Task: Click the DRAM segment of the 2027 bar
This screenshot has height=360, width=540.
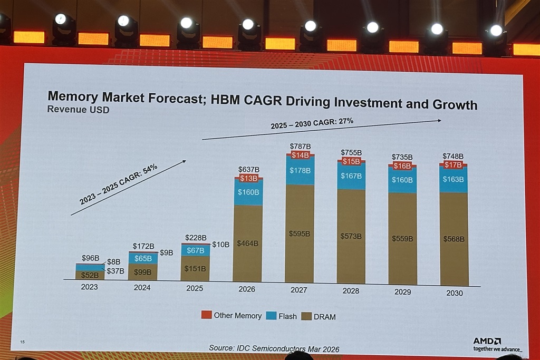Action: pyautogui.click(x=299, y=233)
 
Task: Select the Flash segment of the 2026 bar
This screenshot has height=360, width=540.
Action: pyautogui.click(x=248, y=192)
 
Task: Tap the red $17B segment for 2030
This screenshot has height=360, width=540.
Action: pyautogui.click(x=453, y=164)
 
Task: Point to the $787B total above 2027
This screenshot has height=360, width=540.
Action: pyautogui.click(x=300, y=146)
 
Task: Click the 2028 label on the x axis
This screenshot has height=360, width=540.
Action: pyautogui.click(x=351, y=290)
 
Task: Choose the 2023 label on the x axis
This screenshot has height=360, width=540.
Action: pyautogui.click(x=90, y=288)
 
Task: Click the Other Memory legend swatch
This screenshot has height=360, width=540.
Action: pyautogui.click(x=206, y=315)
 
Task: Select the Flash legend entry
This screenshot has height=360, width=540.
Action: pyautogui.click(x=282, y=316)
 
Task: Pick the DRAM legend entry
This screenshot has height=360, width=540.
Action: pyautogui.click(x=319, y=317)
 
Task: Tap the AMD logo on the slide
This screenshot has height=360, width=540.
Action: pyautogui.click(x=486, y=341)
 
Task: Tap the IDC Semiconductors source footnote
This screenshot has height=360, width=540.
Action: pyautogui.click(x=274, y=348)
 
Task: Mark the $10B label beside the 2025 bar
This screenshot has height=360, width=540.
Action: pyautogui.click(x=220, y=245)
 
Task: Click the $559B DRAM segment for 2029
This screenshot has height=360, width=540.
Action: pyautogui.click(x=402, y=238)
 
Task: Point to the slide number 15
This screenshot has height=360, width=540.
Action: pyautogui.click(x=22, y=342)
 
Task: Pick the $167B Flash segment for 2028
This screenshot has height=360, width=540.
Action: pyautogui.click(x=351, y=176)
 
